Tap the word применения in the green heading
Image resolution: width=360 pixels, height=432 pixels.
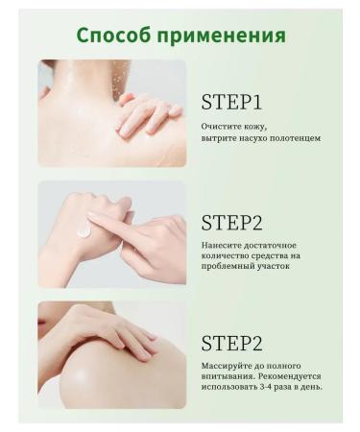[223, 36]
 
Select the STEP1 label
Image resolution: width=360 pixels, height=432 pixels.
[231, 103]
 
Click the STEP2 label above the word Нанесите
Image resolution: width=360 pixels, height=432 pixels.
[231, 223]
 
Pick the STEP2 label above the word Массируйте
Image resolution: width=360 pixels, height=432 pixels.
[231, 343]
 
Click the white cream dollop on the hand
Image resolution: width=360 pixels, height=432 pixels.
[84, 228]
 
